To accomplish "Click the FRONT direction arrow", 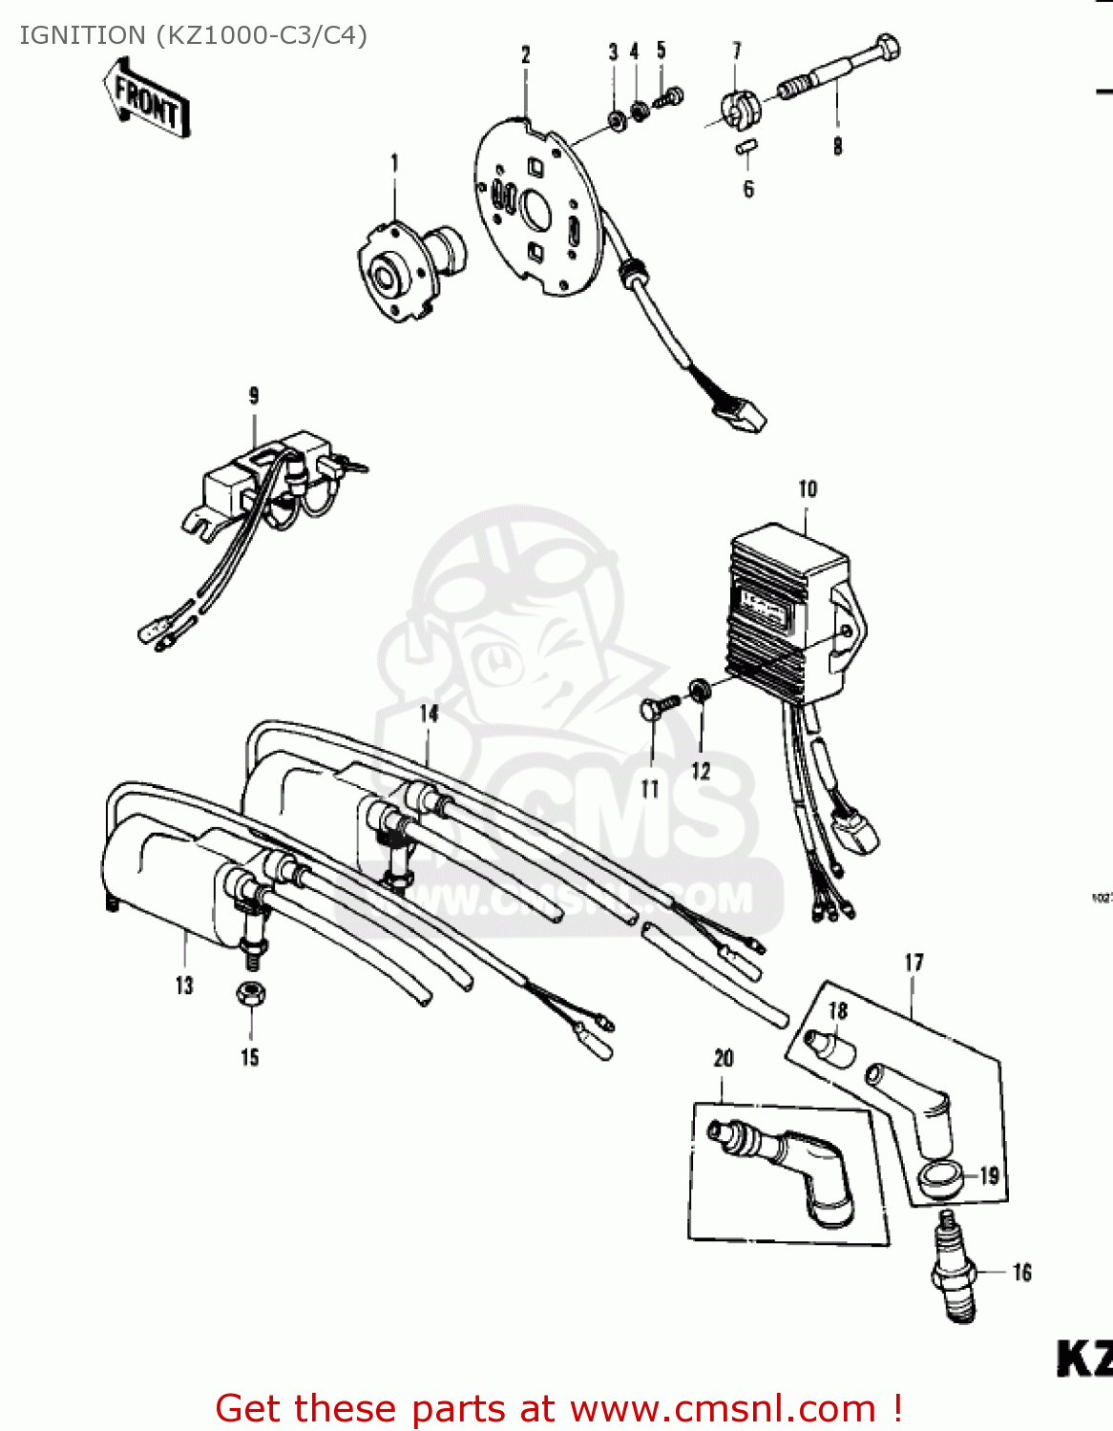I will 147,97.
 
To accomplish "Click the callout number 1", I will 394,164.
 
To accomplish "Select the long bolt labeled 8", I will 841,68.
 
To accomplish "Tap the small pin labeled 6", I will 746,147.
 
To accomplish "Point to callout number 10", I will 808,489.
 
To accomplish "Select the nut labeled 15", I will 251,995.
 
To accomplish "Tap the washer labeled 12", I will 700,689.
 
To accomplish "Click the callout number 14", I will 429,714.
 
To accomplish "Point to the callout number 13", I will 184,985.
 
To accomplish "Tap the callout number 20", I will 724,1058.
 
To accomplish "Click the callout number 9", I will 254,395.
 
